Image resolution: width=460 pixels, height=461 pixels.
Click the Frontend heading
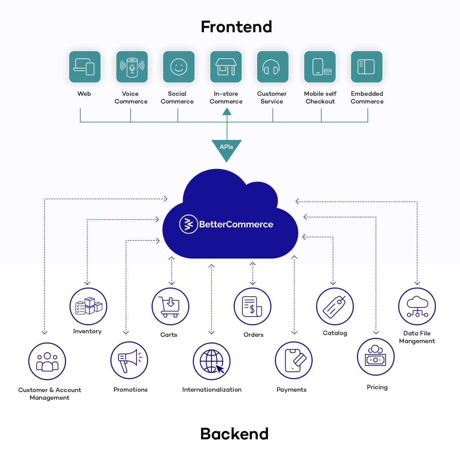pos(236,27)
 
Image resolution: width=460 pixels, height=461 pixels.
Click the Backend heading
pos(234,434)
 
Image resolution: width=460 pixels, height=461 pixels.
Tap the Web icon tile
pos(85,67)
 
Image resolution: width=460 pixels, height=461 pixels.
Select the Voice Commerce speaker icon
pos(132,67)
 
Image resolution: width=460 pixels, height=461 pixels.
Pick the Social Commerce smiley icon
pos(178,67)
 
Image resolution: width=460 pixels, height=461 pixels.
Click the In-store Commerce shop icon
pos(226,67)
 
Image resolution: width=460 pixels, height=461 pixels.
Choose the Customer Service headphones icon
pos(272,67)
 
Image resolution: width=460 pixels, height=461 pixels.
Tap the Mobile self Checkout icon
pos(320,67)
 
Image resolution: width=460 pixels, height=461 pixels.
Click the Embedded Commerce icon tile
pos(366,67)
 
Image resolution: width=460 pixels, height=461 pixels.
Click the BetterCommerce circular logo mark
pos(189,224)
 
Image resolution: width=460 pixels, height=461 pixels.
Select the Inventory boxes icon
pos(88,306)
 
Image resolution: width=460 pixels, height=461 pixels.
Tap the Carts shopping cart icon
pos(170,306)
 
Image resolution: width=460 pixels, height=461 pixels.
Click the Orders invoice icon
pos(252,306)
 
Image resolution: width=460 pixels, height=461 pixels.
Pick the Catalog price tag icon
pos(335,306)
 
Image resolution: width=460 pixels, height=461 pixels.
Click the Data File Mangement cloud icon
pos(417,306)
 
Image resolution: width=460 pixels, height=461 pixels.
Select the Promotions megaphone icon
pos(129,360)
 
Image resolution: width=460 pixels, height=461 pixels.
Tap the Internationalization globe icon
pos(211,361)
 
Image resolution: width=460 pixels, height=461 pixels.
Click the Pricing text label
pos(377,387)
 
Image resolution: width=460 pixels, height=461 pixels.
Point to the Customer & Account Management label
pos(50,394)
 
